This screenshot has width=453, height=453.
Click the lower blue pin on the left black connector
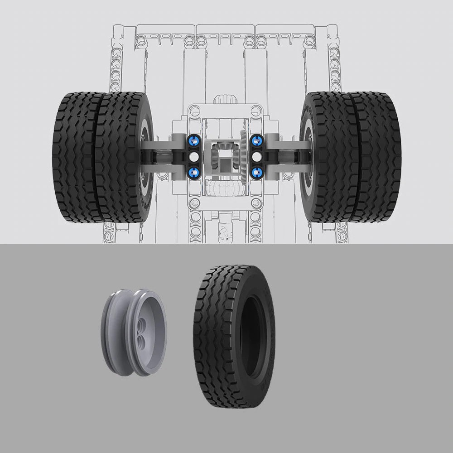click(x=194, y=172)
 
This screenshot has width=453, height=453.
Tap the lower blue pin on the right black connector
click(x=257, y=172)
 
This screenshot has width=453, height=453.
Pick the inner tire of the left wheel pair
click(x=120, y=156)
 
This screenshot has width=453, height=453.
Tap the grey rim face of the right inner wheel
click(x=307, y=156)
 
